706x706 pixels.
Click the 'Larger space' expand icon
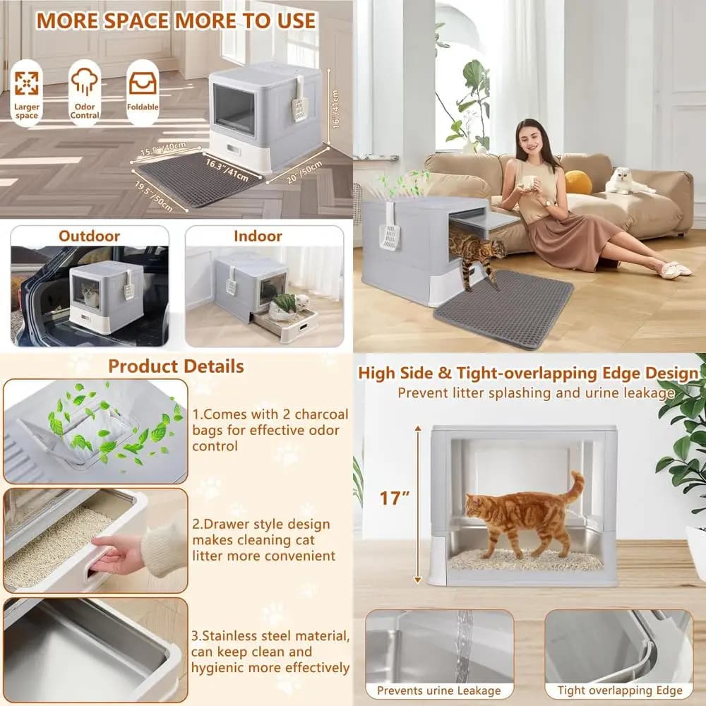27,83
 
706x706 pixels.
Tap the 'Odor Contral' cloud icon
85,81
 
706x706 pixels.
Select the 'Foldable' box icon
143,83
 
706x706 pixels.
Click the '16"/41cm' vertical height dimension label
335,109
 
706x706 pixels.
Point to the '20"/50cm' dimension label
304,172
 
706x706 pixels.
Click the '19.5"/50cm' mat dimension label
153,196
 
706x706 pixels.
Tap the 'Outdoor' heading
89,236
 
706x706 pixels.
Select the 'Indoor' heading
258,236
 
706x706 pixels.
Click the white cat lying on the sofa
628,181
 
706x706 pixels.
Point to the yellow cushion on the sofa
578,182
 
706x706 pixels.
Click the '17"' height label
395,498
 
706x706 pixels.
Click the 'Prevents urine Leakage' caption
439,690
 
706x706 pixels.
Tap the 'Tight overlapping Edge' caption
620,690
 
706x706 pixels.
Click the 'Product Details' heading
176,366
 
